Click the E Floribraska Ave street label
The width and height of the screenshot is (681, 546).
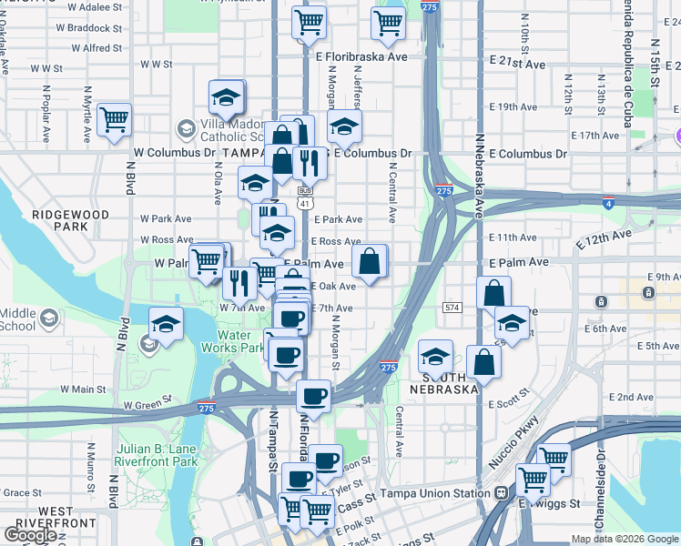point(361,56)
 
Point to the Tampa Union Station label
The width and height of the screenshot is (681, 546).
point(446,493)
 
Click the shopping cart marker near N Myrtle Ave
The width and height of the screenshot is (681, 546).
point(114,120)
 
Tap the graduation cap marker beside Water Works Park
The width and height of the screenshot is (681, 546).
point(165,325)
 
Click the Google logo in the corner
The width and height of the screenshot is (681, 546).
point(29,535)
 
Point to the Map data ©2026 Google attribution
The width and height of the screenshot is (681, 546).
point(625,539)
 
